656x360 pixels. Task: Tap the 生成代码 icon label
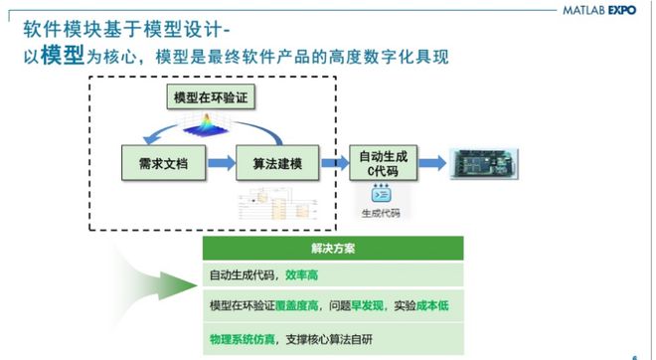coord(383,212)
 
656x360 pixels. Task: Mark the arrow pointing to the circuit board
coord(429,160)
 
